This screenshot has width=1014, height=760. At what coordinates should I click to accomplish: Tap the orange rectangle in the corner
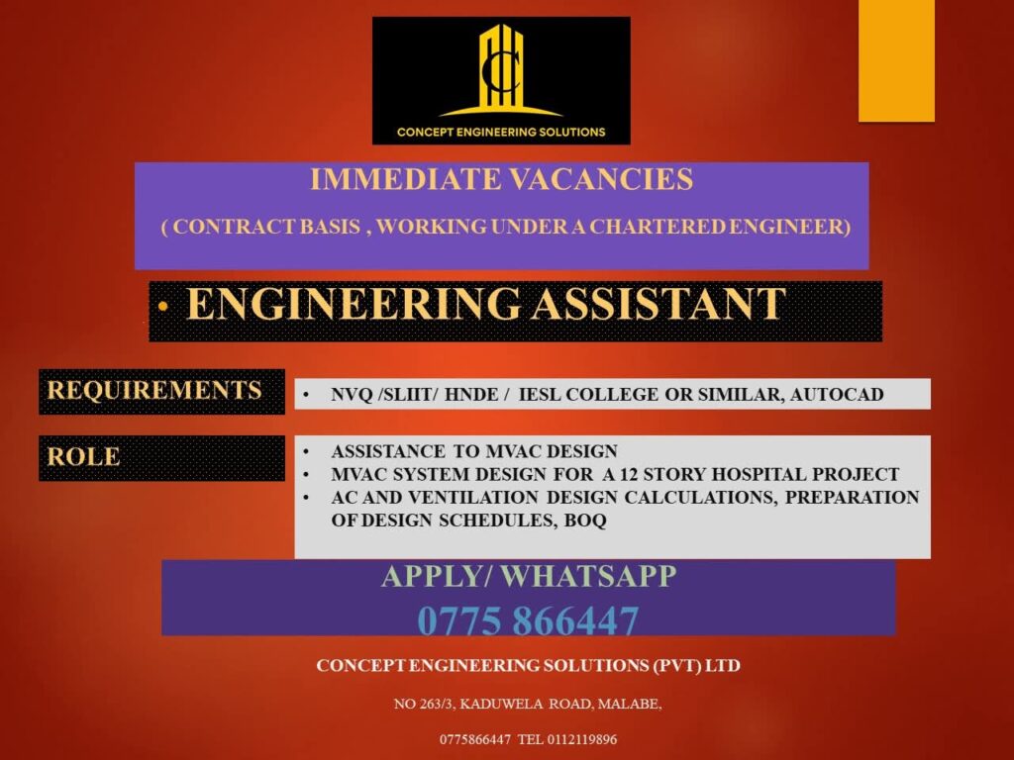point(896,60)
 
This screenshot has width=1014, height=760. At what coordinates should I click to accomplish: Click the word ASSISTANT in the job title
point(659,304)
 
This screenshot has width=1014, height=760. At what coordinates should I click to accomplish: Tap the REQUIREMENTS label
point(154,390)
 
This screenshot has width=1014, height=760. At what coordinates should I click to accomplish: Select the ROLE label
point(83,456)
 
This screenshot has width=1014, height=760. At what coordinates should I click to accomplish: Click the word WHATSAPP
point(588,576)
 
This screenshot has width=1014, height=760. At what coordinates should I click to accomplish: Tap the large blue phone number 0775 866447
point(529,620)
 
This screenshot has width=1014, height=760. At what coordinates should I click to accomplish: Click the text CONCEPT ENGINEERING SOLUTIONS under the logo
point(501,132)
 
